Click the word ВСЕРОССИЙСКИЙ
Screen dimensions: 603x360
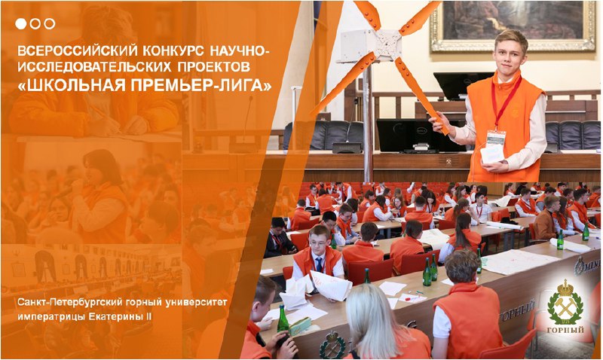[x=78, y=50]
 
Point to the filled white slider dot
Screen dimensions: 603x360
[x=21, y=24]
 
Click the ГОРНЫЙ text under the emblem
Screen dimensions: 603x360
[x=565, y=330]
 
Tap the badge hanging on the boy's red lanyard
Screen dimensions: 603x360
[x=496, y=138]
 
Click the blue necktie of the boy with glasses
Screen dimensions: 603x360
[x=319, y=264]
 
